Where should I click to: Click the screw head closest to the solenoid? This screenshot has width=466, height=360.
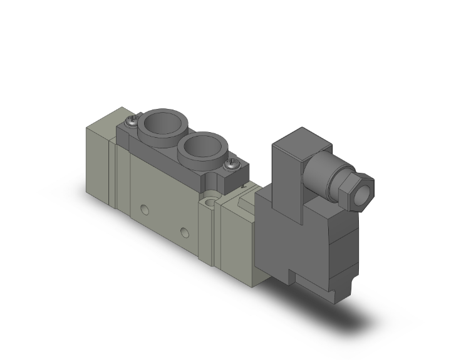(x=230, y=165)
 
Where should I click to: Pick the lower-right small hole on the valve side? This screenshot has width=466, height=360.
(x=184, y=233)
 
